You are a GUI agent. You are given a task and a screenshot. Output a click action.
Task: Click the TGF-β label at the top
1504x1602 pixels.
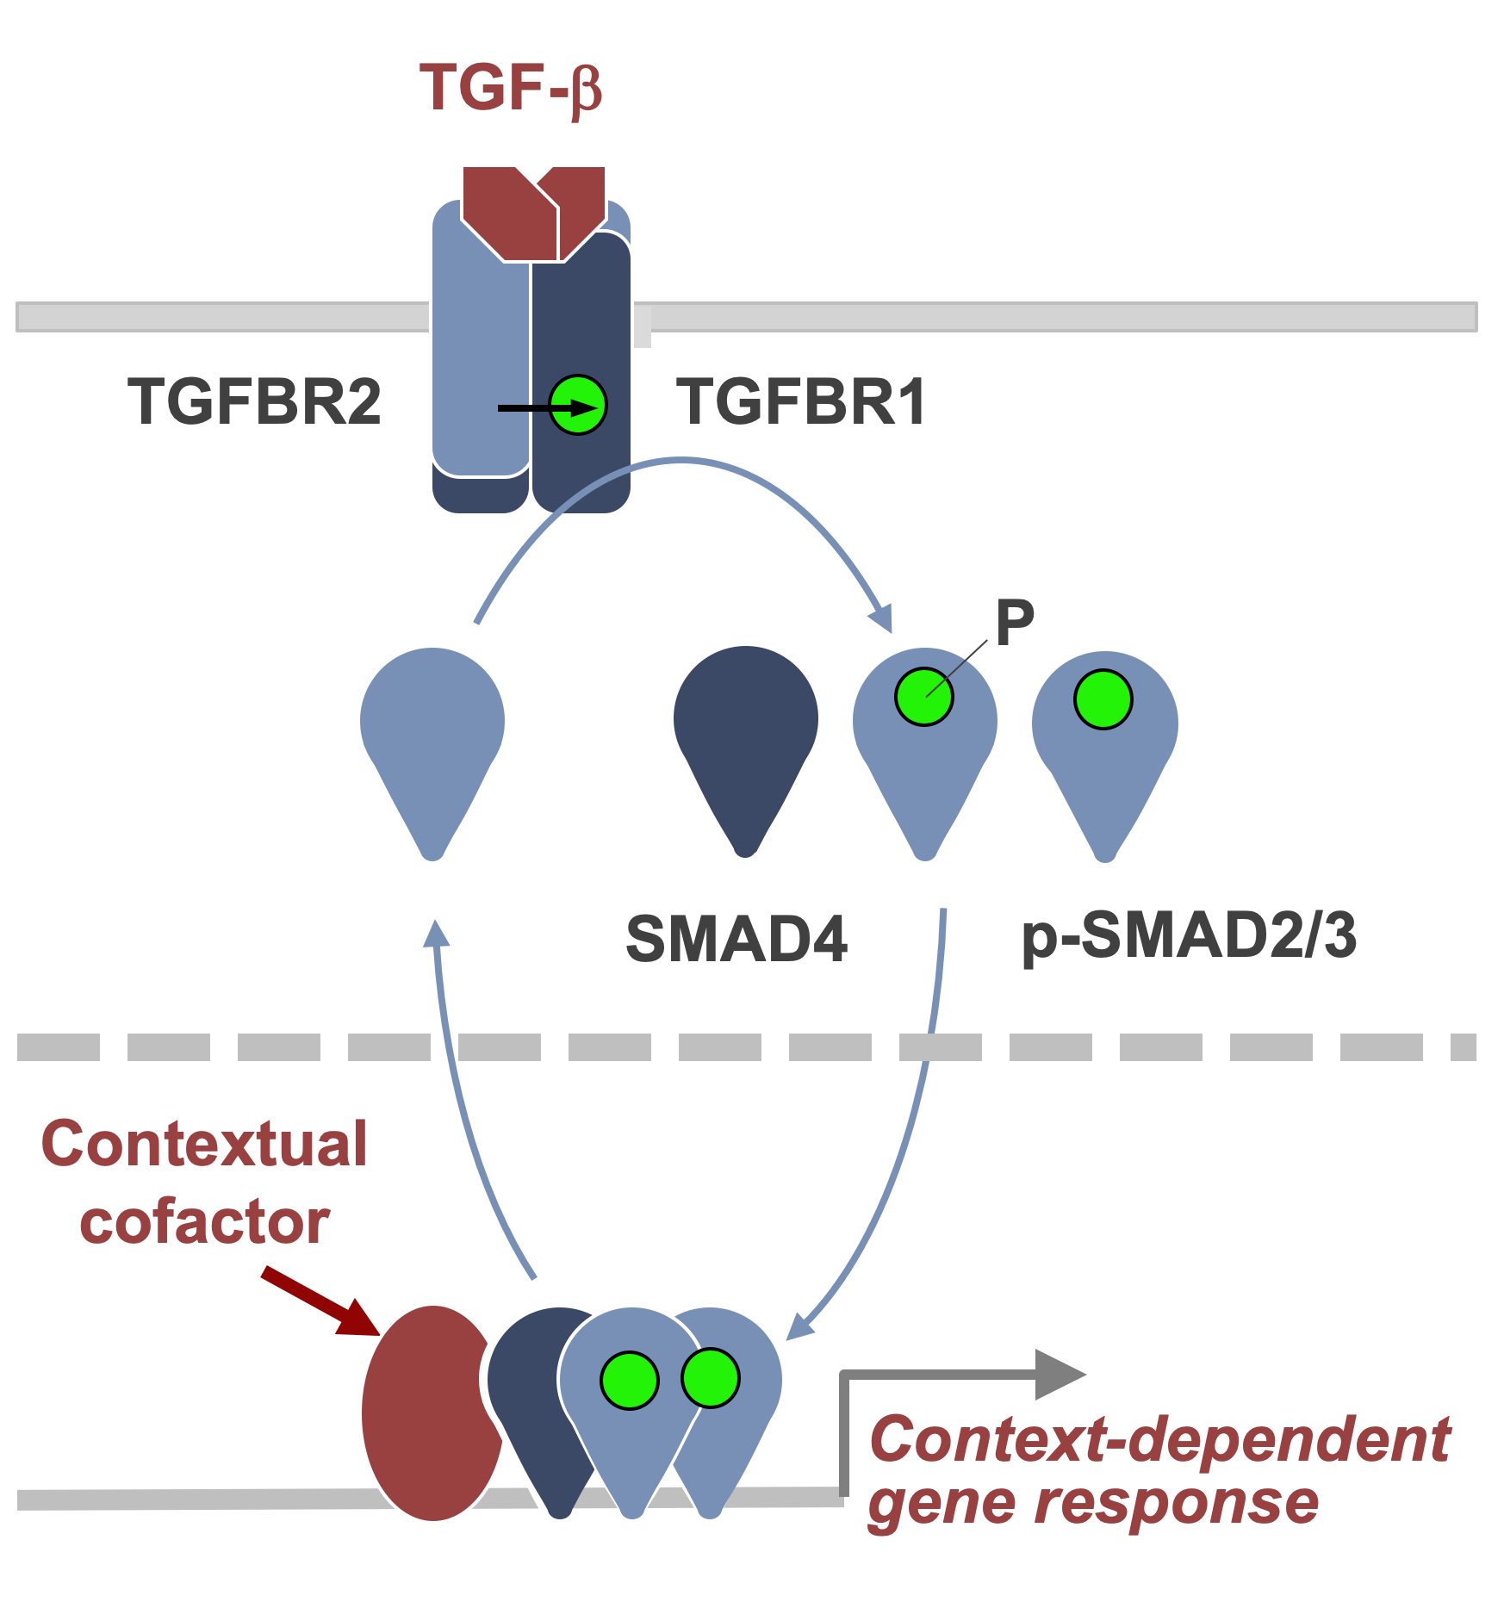coord(510,88)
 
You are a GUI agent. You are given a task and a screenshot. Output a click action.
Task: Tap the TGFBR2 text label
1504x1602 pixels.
coord(254,402)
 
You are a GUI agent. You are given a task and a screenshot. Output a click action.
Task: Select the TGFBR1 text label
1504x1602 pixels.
coord(801,402)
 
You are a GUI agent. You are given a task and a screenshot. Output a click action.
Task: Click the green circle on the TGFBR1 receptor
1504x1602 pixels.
coord(579,405)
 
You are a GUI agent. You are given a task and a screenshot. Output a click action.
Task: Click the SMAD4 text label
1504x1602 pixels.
coord(736,939)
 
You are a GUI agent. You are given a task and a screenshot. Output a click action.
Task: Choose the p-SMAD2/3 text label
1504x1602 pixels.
coord(1189,936)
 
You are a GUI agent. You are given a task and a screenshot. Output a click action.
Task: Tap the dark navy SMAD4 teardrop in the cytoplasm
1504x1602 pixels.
coord(745,732)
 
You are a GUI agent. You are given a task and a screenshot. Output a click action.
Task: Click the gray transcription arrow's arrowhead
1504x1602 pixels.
coord(1060,1375)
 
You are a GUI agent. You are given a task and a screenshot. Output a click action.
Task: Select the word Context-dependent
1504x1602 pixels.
coord(1159,1440)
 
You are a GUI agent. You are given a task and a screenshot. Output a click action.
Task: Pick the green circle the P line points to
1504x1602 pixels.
coord(923,697)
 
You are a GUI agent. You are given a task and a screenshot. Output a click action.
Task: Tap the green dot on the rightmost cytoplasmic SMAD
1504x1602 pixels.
coord(1103,699)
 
